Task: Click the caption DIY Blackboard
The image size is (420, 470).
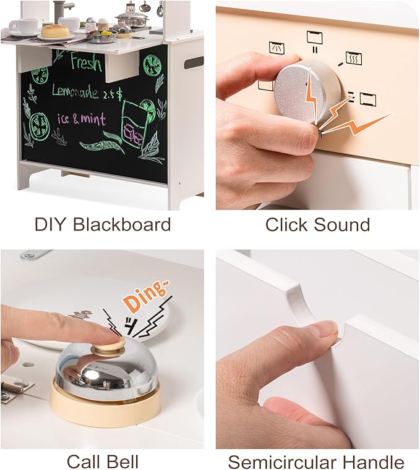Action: tap(102, 224)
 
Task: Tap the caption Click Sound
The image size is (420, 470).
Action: tap(317, 224)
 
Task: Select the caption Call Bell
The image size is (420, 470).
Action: tap(102, 461)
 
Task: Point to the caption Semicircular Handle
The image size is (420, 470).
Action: tap(316, 461)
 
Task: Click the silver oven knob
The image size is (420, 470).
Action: tap(301, 90)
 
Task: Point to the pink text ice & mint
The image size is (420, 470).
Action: tap(82, 119)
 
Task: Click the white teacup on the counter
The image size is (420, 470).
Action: tap(22, 26)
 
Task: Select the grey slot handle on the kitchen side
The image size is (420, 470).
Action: tap(193, 62)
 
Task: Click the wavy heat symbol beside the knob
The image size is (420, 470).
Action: tap(353, 58)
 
